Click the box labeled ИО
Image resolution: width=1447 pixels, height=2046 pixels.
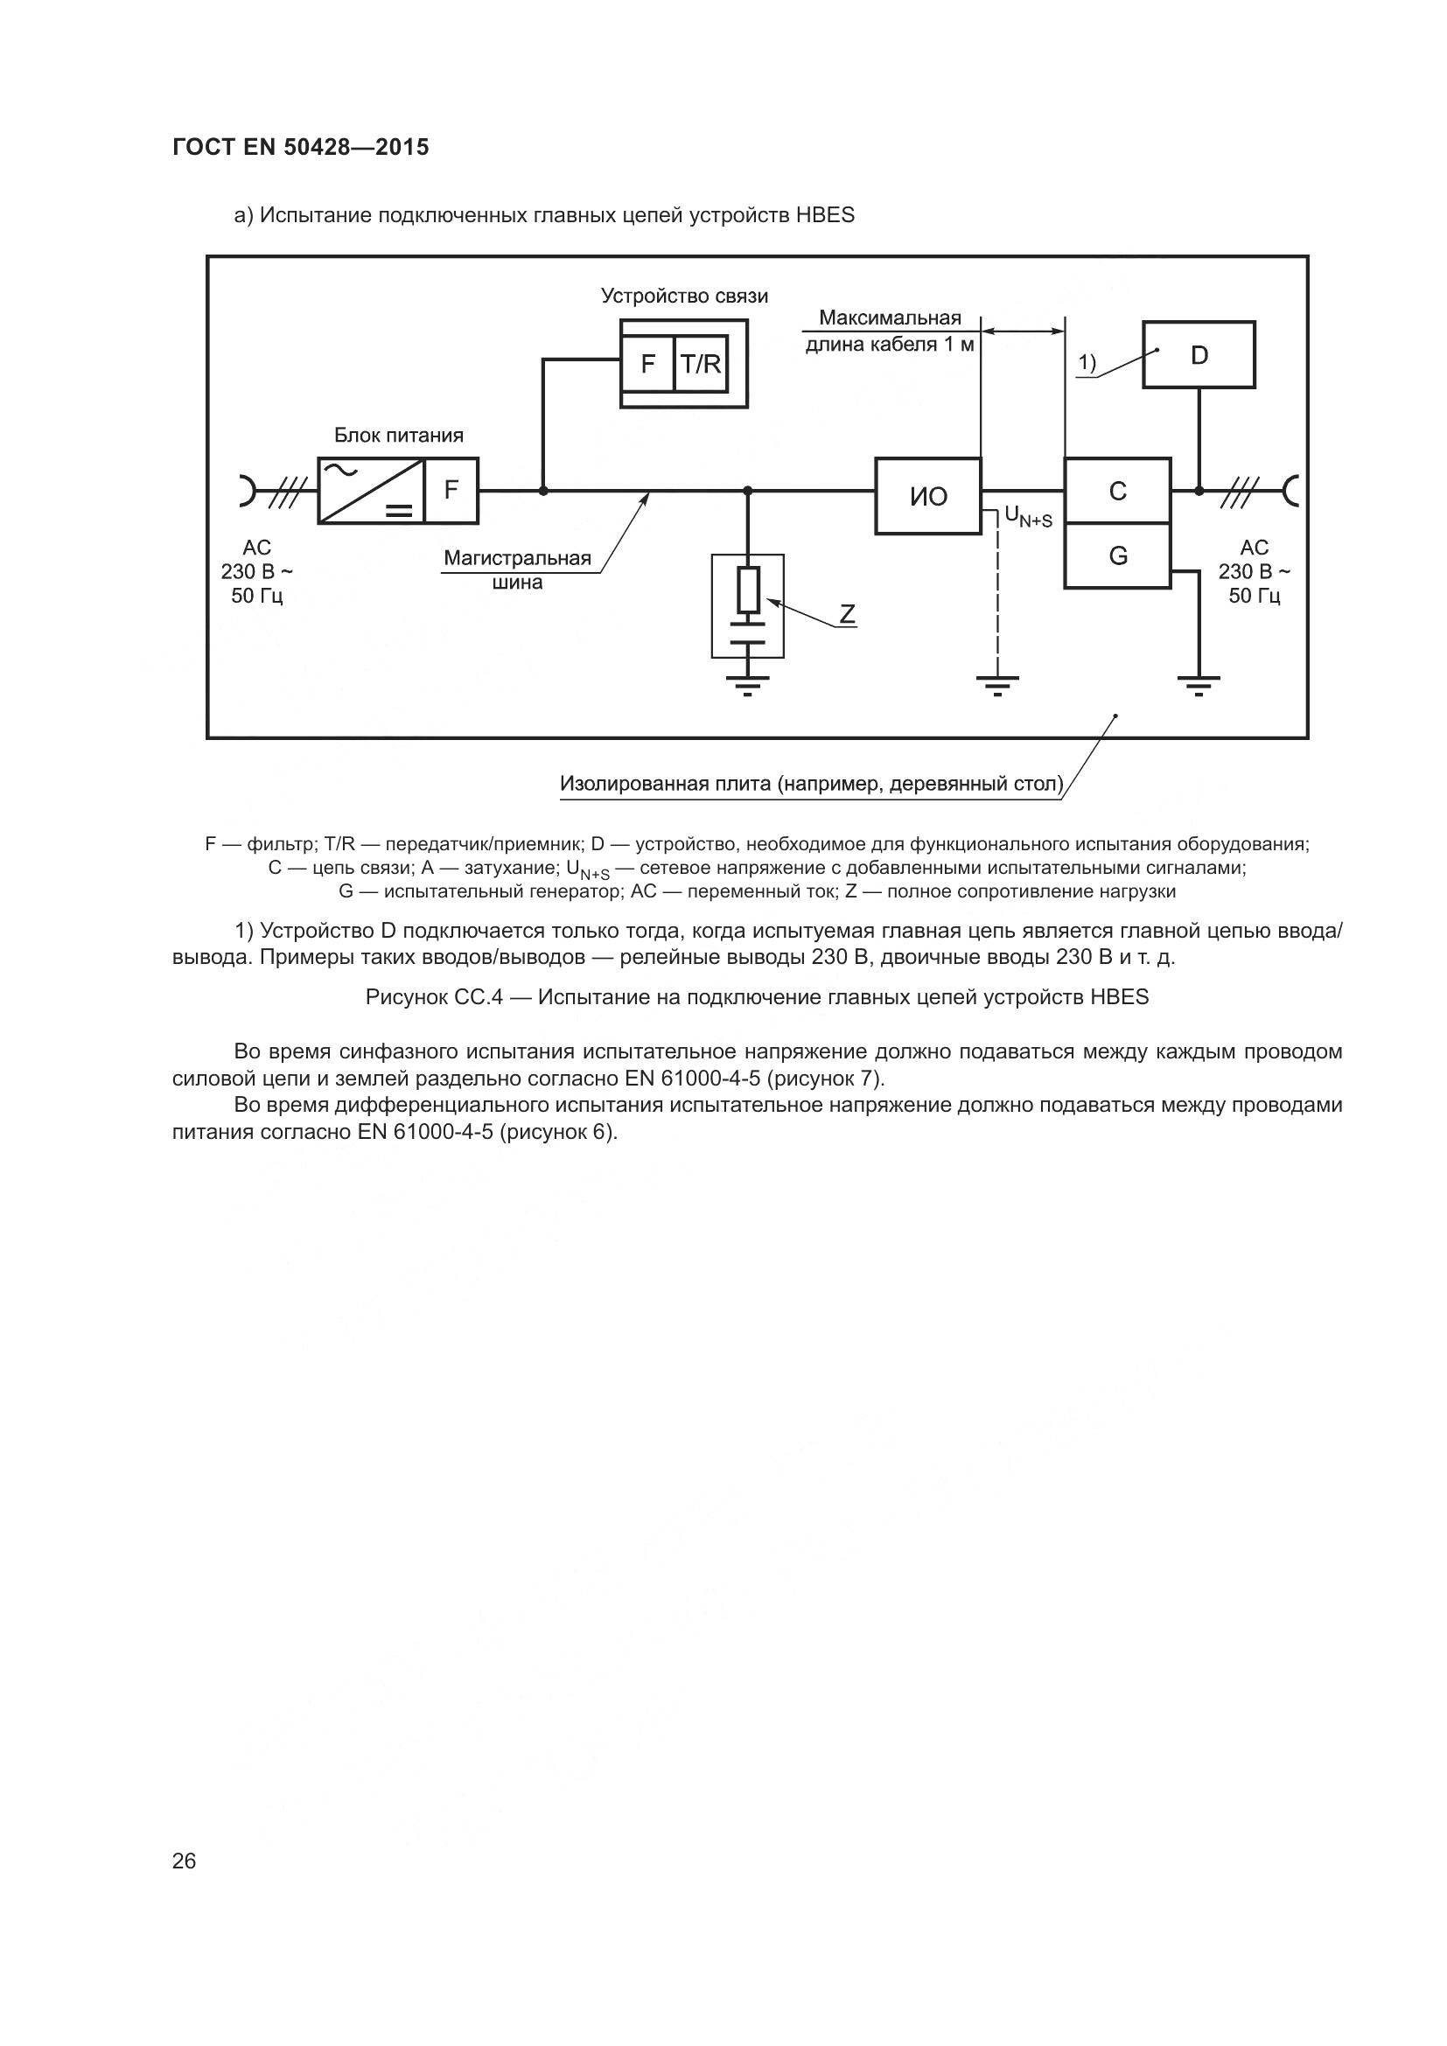point(927,496)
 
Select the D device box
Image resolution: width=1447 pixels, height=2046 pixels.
point(1199,354)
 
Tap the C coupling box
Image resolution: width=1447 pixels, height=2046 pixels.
point(1117,490)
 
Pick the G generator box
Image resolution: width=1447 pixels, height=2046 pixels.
point(1117,556)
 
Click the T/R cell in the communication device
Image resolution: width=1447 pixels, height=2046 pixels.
point(702,364)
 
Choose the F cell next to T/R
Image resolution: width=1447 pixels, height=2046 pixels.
point(647,364)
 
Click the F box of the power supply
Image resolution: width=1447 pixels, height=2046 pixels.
point(451,490)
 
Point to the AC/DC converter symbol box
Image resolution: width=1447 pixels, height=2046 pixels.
point(371,490)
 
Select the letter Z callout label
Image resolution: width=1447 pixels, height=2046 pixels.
point(847,614)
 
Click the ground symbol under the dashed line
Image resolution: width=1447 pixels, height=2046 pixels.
point(998,685)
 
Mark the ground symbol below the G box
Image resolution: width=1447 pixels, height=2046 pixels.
point(1199,685)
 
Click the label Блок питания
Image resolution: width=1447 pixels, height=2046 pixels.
point(398,436)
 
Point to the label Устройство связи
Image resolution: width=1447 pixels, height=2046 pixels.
point(683,296)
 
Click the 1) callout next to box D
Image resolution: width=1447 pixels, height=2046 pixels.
point(1087,363)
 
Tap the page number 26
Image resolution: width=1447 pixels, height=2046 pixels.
point(184,1861)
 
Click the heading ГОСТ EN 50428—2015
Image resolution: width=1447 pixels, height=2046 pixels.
point(300,147)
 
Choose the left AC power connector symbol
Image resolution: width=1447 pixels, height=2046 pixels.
point(247,490)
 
